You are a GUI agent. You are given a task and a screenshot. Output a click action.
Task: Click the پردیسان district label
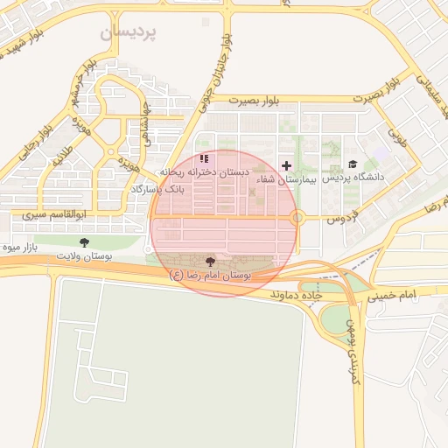127,32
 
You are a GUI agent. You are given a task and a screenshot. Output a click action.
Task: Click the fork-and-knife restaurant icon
204,159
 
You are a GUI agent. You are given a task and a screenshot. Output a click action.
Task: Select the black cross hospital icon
286,165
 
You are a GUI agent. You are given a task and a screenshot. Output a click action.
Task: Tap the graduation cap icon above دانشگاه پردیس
353,164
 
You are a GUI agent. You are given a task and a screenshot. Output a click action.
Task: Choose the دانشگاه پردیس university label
353,178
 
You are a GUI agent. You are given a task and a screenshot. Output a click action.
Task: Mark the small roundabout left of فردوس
297,216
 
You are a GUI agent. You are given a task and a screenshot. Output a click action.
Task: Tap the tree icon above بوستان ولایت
84,241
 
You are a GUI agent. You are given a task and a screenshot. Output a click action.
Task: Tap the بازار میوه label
22,248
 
